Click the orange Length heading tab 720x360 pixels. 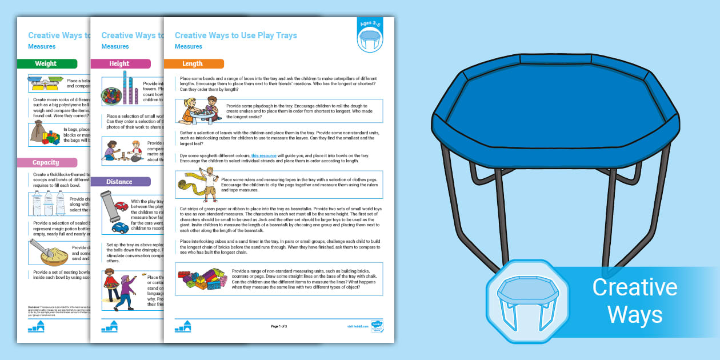pos(193,63)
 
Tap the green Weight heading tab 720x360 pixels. pos(46,63)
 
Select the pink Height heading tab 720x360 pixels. pos(120,63)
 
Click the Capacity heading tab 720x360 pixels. pos(46,163)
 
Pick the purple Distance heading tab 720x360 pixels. pos(120,182)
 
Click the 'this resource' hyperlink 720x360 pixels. pos(263,155)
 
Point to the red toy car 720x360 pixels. pos(121,206)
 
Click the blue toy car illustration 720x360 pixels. pos(120,227)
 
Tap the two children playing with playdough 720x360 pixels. pos(199,111)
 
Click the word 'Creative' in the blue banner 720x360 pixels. pos(634,287)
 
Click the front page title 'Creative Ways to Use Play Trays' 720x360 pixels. pos(235,35)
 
